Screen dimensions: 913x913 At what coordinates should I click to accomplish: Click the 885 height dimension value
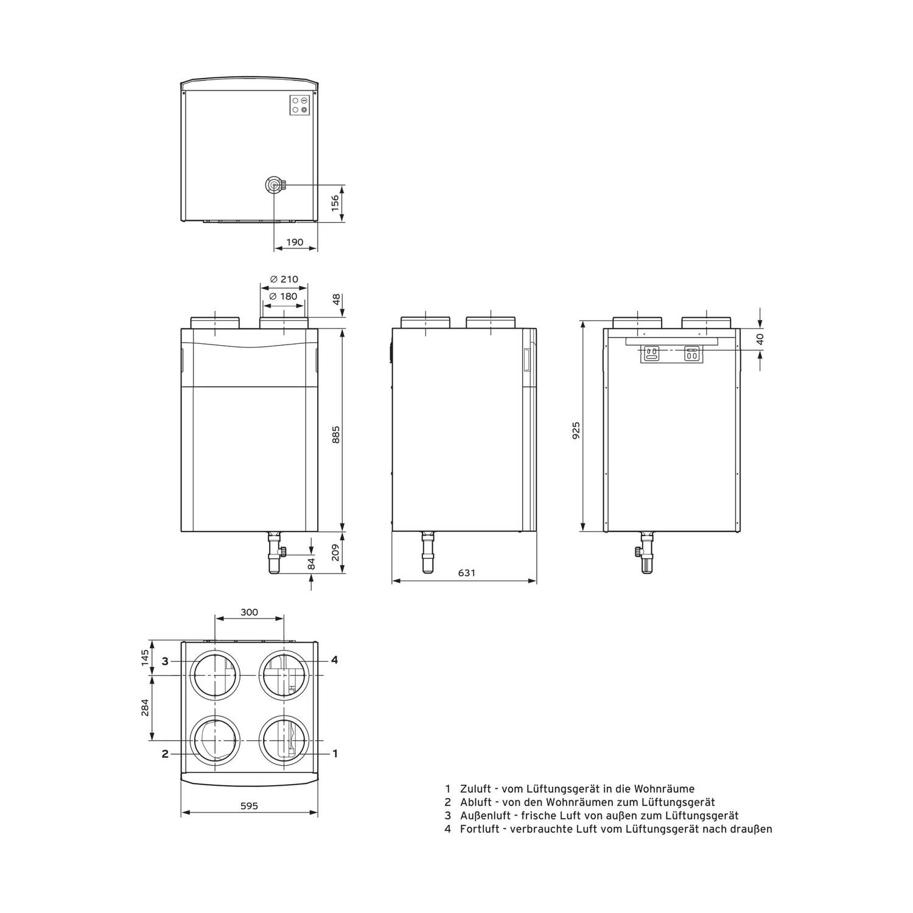coord(336,435)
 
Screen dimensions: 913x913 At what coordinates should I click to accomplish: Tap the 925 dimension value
coord(576,430)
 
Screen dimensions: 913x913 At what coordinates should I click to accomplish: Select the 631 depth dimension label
coord(467,573)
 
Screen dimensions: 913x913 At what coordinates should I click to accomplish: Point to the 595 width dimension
coord(249,806)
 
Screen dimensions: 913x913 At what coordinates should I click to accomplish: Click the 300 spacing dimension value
coord(249,612)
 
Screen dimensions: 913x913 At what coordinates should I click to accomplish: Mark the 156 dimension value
coord(335,204)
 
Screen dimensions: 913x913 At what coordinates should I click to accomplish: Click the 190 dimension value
coord(295,242)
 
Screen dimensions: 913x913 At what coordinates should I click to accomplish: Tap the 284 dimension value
coord(145,708)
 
